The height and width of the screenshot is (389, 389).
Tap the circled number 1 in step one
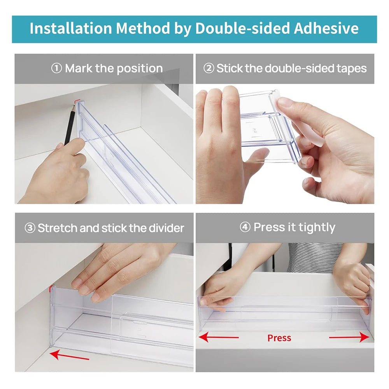coord(56,69)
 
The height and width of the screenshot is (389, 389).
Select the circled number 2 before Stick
coord(209,69)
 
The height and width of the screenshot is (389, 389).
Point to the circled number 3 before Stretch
coord(30,228)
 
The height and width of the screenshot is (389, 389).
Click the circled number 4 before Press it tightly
coord(245,228)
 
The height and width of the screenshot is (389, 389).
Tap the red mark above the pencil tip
coord(75,102)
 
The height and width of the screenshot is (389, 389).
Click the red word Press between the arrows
coord(279,338)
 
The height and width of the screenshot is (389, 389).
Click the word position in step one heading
coord(139,69)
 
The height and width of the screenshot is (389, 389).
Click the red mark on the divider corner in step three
coord(51,289)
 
